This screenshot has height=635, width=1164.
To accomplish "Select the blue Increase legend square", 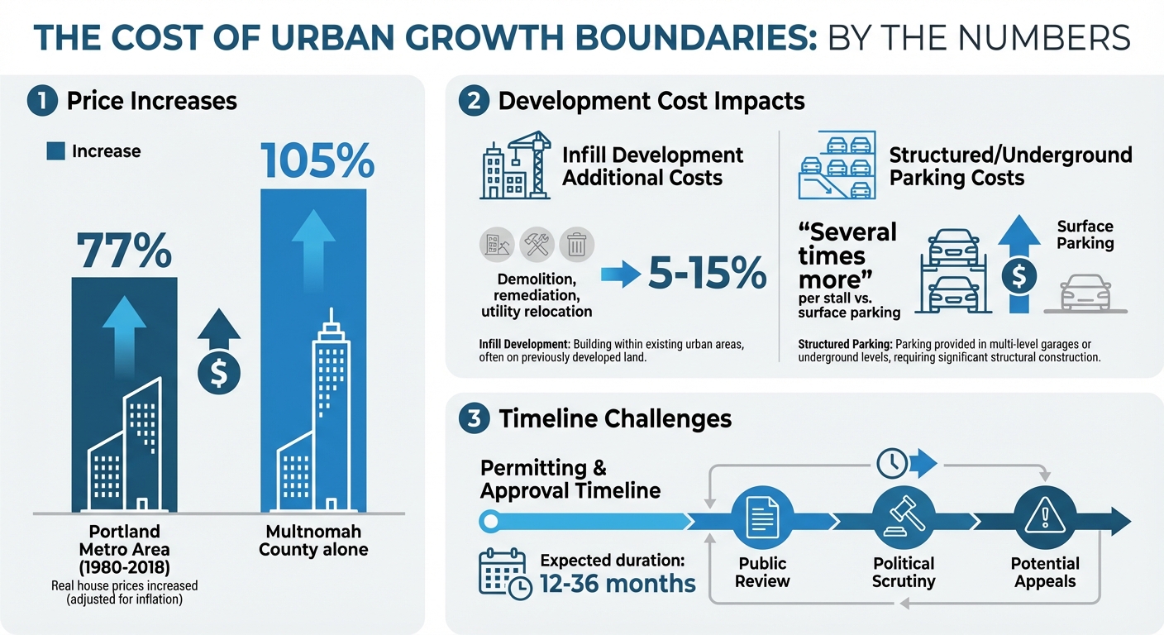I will coord(56,150).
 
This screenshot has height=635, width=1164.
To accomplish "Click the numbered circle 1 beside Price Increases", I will coord(41,101).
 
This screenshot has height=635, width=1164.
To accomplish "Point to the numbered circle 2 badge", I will coord(473,101).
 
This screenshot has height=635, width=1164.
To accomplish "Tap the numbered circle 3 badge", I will coord(473,418).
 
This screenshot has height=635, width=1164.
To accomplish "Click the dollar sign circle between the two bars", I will coord(219,373).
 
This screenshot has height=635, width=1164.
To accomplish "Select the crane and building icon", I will coord(515,165).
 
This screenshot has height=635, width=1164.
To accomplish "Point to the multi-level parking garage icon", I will coord(836,165).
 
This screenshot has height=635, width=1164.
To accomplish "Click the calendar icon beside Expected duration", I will coord(504,573).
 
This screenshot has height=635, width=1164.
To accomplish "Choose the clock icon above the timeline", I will coord(891,464).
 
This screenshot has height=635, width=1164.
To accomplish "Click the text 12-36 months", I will coord(618,584).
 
